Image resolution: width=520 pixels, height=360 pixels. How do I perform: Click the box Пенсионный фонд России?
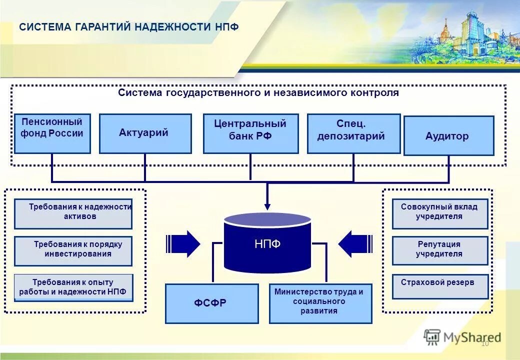pos(52,133)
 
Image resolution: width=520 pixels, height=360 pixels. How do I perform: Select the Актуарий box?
pos(145,133)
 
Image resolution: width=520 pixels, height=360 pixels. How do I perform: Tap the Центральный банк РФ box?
pos(250,133)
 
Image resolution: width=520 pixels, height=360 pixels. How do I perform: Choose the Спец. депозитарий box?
pos(353,133)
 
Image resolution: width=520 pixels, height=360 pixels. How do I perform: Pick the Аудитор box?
pos(448,135)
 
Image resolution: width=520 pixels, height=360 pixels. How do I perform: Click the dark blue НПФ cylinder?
pos(267,243)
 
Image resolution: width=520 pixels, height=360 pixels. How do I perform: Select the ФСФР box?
pos(211,303)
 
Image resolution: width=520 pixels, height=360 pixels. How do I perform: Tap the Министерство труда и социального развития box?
pos(320,303)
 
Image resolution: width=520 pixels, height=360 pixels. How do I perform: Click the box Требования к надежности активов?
pos(73,213)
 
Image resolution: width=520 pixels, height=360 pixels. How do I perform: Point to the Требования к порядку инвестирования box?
pos(73,251)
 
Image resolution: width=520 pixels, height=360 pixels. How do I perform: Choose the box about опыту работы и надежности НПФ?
pos(73,287)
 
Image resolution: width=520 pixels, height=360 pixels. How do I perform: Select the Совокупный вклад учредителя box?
pos(439,213)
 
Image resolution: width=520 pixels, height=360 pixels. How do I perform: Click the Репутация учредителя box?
pos(439,250)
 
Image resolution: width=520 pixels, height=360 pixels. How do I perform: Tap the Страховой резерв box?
pos(439,286)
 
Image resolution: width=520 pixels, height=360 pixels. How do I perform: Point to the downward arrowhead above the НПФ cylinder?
pos(267,205)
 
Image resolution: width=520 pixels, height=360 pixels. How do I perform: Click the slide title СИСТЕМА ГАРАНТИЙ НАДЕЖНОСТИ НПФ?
pos(128,27)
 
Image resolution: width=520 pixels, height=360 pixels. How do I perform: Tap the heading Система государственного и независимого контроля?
pos(258,93)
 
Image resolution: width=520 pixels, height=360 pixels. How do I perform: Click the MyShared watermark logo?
pos(462,337)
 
